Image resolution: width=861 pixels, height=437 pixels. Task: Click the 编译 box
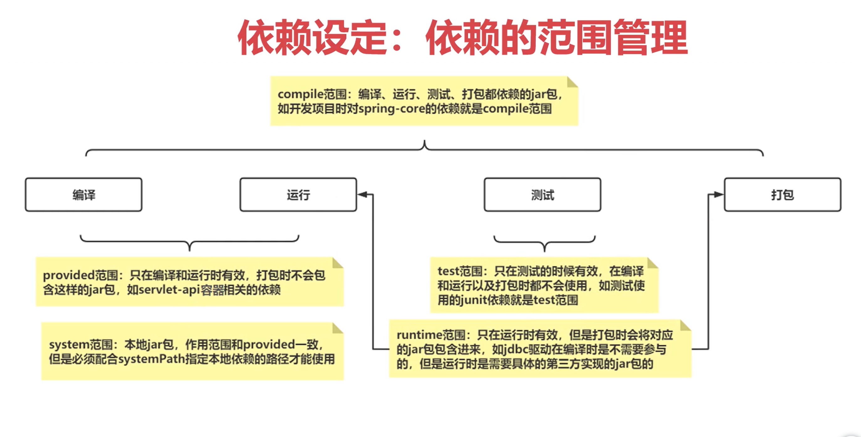click(84, 195)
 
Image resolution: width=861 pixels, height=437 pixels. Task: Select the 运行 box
click(298, 195)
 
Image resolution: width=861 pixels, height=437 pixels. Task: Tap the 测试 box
click(542, 195)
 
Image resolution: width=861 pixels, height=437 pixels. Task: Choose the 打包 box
click(782, 195)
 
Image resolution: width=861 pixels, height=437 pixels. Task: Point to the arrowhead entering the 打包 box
click(719, 195)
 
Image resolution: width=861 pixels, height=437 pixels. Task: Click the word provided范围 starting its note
click(80, 275)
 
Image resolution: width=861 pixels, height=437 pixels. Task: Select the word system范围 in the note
click(81, 345)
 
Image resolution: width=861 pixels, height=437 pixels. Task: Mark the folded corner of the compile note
click(572, 82)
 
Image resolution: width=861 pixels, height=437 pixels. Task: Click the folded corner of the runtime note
click(685, 326)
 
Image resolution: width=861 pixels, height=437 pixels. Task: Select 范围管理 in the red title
click(614, 37)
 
